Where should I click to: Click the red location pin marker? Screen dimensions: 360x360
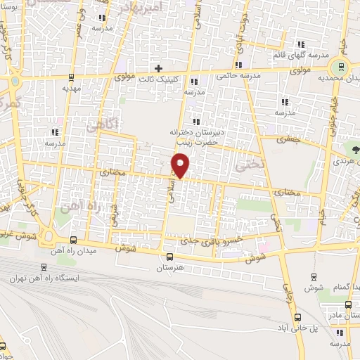181,165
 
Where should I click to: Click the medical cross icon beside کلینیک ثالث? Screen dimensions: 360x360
158,68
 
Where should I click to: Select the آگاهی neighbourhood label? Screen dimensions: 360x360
104,124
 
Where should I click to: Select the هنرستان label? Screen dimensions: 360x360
169,269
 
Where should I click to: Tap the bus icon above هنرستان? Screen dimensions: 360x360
169,257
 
